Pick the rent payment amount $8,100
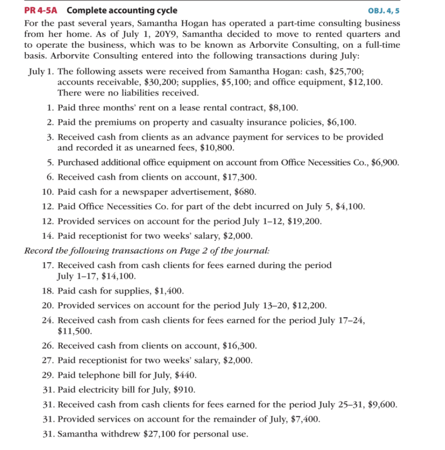point(283,108)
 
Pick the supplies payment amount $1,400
point(171,291)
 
